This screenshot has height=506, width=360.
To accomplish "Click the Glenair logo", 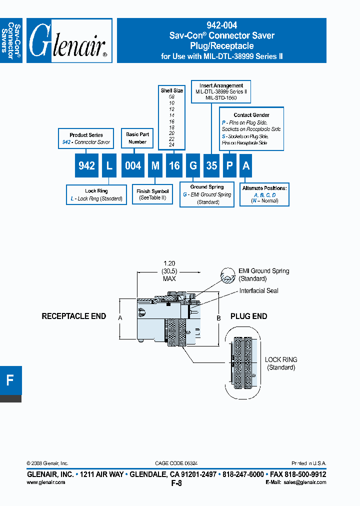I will pos(68,41).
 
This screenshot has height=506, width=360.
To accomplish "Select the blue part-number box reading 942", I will pos(86,165).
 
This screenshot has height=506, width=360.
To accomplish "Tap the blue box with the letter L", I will pos(109,165).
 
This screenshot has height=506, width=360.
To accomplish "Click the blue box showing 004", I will pos(132,165).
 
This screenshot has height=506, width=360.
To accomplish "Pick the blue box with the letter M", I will pos(155,165).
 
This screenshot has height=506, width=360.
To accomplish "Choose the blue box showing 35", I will pos(211,165).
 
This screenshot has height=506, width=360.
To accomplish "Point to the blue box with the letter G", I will pos(193,165).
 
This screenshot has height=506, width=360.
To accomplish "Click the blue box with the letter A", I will pos(245,165).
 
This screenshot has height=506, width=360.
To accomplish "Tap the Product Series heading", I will pos(86,135).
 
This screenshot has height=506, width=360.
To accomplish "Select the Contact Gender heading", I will pos(251,115).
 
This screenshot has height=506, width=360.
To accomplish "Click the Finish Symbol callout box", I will pos(152,194).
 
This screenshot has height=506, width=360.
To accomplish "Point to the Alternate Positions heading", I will pos(264,188).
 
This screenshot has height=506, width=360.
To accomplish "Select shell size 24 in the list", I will pos(171,144).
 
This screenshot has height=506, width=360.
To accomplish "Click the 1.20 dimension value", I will pos(170,262).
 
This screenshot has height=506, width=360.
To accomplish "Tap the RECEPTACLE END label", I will pos(73,316).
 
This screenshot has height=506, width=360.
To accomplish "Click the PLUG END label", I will pos(248,316).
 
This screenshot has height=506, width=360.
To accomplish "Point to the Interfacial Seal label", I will pos(258,290).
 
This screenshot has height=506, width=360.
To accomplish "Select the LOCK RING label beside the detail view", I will pos(280,359).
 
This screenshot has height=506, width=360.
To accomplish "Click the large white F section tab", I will pos(10,380).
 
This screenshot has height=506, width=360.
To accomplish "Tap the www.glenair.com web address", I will pos(45,482).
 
